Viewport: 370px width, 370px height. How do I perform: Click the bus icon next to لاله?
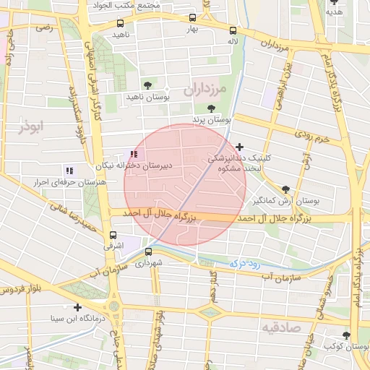(233, 30)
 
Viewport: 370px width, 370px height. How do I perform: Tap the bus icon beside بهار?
(192, 18)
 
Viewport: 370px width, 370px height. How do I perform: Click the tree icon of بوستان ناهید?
(147, 85)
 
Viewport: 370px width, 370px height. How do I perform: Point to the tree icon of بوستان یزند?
(211, 108)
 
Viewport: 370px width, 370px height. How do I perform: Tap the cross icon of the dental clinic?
(240, 147)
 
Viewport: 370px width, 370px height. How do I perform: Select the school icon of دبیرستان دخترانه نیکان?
(133, 153)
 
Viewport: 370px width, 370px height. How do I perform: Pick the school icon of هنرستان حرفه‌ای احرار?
(69, 171)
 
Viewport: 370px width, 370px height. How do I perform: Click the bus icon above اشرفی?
(113, 235)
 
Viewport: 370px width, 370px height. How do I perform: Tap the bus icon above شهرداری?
(149, 252)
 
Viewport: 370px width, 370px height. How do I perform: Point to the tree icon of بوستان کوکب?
(346, 335)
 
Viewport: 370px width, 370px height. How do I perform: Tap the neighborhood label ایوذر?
(32, 126)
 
